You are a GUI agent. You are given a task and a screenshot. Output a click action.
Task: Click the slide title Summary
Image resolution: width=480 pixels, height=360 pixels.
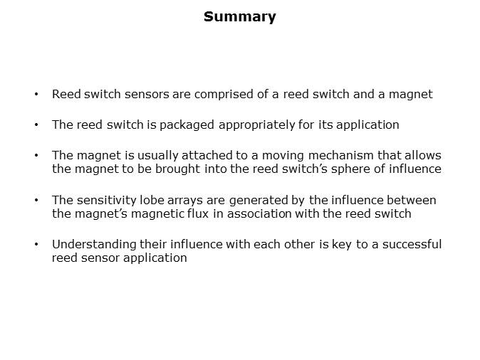[240, 17]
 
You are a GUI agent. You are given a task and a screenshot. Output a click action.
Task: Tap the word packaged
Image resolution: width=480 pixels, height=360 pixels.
[187, 125]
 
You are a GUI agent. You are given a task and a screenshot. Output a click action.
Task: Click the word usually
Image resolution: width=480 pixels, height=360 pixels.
[157, 156]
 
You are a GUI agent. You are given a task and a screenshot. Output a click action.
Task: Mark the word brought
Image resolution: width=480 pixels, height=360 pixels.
[177, 169]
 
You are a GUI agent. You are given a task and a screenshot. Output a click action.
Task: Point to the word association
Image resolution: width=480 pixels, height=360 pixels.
[259, 213]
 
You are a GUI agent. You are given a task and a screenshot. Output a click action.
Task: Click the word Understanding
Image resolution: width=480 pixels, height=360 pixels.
[94, 245]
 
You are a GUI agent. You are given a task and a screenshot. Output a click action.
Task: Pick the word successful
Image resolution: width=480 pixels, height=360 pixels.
[412, 244]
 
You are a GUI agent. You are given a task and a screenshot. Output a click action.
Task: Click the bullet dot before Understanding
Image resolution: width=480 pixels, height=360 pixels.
[36, 244]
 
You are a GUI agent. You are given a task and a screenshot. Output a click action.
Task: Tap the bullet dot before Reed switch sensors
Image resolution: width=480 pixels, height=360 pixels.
[36, 94]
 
